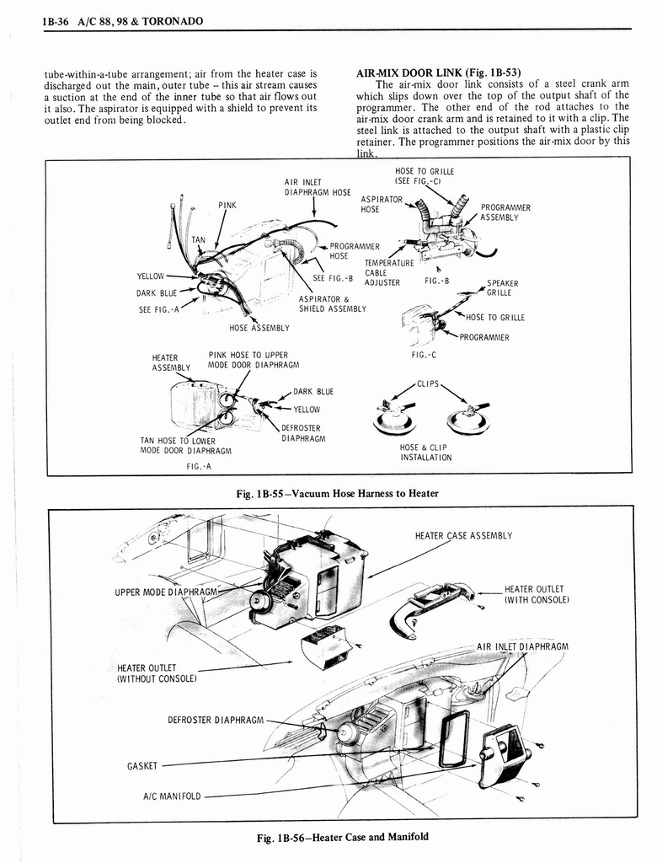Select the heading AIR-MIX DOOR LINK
click(x=438, y=72)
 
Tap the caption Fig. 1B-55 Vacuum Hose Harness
click(x=339, y=493)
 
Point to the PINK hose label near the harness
click(x=227, y=205)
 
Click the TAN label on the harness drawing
click(x=199, y=240)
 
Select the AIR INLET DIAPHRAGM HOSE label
click(x=318, y=186)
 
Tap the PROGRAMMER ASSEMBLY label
click(x=505, y=212)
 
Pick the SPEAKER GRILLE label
click(x=502, y=288)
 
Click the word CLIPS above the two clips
click(x=430, y=384)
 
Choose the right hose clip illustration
click(x=467, y=416)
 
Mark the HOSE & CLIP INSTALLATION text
click(x=425, y=453)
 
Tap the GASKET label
click(x=142, y=766)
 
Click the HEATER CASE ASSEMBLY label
click(x=463, y=535)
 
